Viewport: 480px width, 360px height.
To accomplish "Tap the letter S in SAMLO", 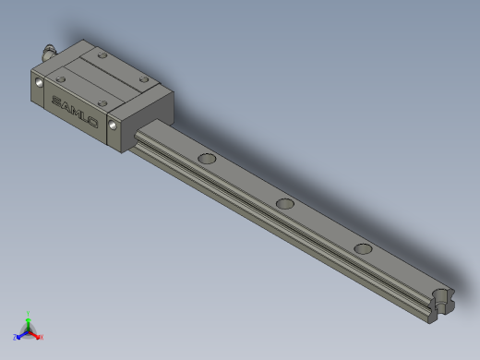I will [55, 99].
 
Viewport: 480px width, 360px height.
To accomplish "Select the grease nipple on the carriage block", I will [49, 52].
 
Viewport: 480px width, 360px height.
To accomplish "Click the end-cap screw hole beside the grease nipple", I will [39, 82].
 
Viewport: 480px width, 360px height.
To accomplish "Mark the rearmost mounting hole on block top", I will [101, 54].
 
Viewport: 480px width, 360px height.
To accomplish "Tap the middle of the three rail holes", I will [284, 202].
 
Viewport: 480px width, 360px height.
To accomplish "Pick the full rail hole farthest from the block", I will [363, 247].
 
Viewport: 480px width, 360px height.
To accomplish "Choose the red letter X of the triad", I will [41, 337].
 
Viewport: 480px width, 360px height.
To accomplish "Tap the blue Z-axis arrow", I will [21, 334].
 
